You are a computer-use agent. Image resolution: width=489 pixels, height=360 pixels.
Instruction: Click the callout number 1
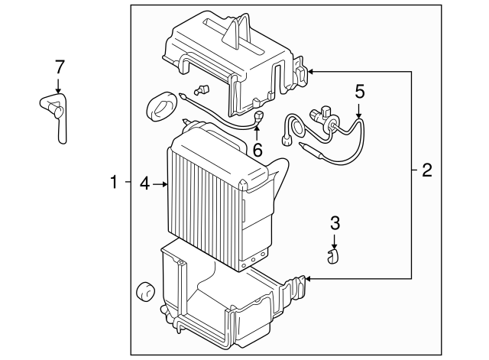(x=114, y=182)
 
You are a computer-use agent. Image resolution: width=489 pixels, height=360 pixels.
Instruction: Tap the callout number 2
(x=427, y=170)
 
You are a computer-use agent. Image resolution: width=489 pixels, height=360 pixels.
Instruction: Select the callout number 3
(x=335, y=223)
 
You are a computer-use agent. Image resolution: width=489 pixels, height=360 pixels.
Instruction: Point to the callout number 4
(x=145, y=183)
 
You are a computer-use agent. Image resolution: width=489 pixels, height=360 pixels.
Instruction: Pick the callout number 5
(x=360, y=92)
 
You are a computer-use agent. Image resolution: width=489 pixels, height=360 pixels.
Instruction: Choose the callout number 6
(x=257, y=150)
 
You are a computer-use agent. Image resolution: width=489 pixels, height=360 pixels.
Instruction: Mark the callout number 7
(x=60, y=67)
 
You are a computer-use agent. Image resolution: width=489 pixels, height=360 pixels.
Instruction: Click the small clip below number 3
(x=333, y=256)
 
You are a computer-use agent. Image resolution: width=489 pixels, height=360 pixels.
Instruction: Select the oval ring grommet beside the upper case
(x=161, y=106)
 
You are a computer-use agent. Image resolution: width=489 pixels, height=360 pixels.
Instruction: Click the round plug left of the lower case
(x=146, y=292)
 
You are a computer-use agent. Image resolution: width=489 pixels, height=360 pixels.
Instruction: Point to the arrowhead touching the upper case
(x=311, y=72)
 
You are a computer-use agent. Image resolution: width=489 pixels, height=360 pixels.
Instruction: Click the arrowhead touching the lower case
(x=308, y=278)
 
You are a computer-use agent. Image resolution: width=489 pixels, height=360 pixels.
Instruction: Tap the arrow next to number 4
(x=160, y=184)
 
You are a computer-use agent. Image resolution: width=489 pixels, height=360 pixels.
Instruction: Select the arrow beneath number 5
(x=359, y=111)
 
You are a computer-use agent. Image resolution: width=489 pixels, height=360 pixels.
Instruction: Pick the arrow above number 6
(x=257, y=134)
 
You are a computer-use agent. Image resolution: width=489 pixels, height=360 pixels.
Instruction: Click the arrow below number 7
(x=58, y=86)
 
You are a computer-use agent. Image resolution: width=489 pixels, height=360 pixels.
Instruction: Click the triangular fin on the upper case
(x=231, y=33)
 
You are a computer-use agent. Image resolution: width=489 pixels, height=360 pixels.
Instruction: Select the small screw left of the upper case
(x=202, y=89)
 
